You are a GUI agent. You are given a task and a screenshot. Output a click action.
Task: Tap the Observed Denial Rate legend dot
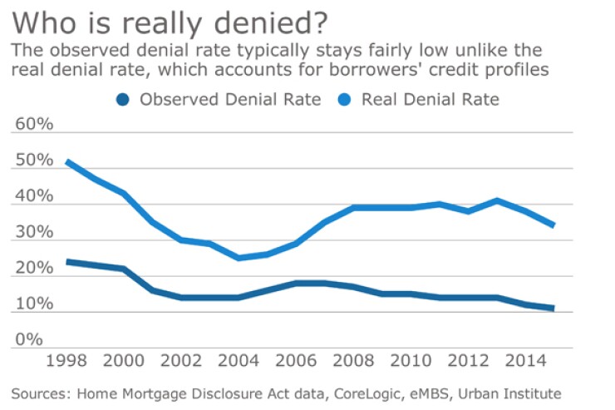[x=125, y=101]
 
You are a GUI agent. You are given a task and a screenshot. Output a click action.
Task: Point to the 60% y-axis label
[x=34, y=124]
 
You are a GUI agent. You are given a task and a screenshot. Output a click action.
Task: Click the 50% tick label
[x=34, y=161]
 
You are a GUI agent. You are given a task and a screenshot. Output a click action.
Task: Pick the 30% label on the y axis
[x=34, y=233]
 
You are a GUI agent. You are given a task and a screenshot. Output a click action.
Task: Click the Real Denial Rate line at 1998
[x=67, y=161]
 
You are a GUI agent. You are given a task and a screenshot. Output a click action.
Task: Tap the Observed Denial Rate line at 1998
[x=67, y=261]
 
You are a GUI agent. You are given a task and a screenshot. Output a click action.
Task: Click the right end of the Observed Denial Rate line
[x=553, y=309]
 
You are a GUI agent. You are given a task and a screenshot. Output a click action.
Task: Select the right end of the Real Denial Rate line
[x=553, y=225]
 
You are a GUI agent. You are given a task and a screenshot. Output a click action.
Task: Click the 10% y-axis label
[x=34, y=304]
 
